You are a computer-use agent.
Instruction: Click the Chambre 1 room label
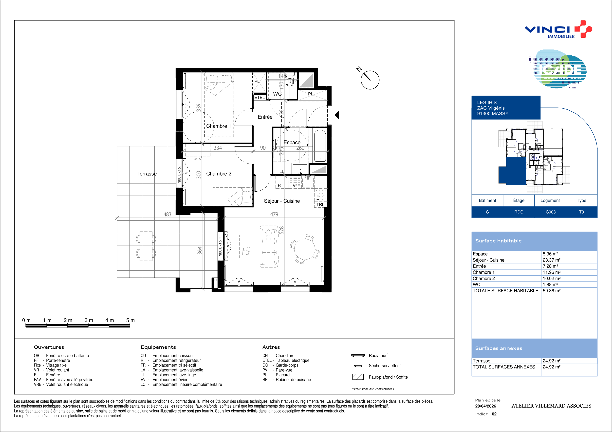pos(219,126)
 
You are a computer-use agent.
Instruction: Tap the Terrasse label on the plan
pos(147,174)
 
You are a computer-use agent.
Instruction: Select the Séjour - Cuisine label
pos(282,201)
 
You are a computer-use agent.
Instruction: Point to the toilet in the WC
pos(290,80)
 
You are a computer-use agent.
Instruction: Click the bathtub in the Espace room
pos(320,146)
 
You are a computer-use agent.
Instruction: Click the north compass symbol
pos(370,80)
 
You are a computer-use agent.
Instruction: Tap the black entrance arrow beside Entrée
pos(337,115)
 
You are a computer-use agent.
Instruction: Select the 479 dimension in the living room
pos(274,214)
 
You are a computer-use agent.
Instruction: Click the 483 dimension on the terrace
pos(167,214)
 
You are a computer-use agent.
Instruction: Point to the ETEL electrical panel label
pos(259,98)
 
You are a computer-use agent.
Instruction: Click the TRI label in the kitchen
pos(320,204)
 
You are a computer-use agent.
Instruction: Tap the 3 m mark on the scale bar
pos(89,320)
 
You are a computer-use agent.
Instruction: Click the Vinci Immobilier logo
pos(558,29)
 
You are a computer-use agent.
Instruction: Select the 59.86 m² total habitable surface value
pos(552,291)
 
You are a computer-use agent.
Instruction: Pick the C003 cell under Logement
pos(550,212)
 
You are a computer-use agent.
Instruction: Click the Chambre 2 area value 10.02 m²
pos(552,278)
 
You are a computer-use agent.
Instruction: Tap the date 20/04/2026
pos(485,406)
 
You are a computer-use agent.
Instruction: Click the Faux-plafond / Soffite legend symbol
pos(358,377)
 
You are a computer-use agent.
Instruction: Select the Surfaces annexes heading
pos(499,348)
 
